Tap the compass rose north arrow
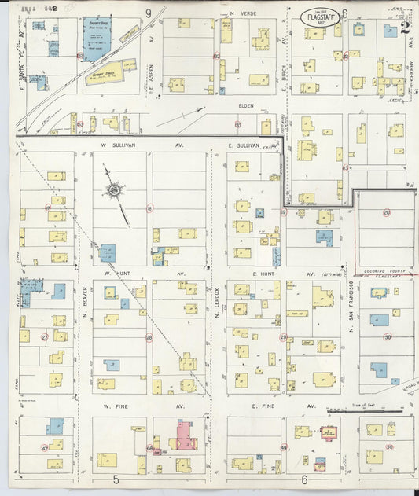tap(116, 190)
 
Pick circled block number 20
tap(386, 212)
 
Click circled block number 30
tap(388, 337)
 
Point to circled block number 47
tap(45, 448)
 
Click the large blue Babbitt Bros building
tap(97, 38)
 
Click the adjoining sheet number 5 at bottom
tap(116, 479)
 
